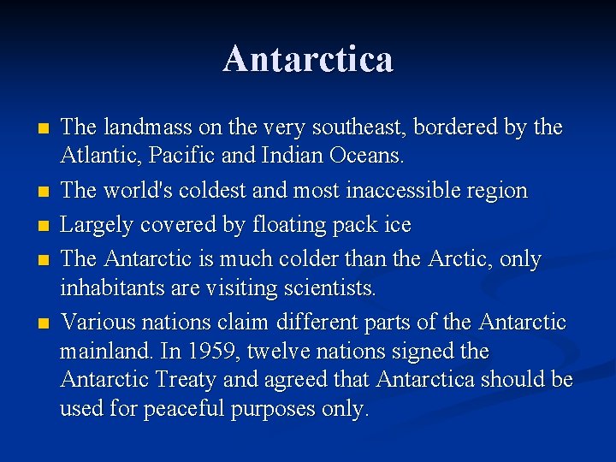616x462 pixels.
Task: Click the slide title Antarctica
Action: [308, 59]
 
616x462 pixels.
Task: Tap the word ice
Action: [398, 225]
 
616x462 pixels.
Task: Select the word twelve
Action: [305, 351]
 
